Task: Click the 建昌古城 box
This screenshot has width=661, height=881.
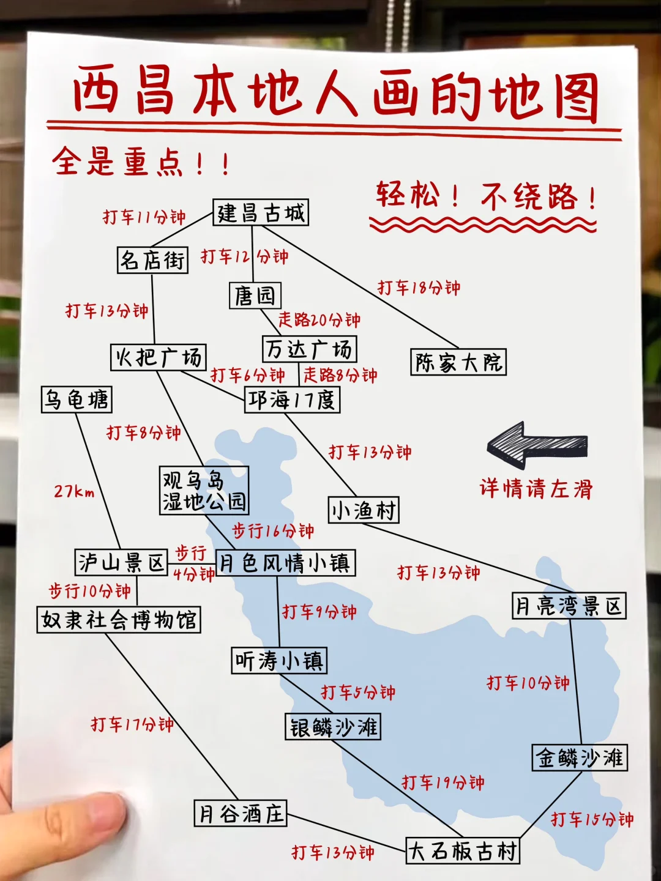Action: coord(260,213)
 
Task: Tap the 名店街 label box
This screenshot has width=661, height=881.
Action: coord(152,260)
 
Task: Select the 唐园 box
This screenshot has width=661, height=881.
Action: coord(255,296)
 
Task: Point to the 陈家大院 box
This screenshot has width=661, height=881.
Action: coord(458,362)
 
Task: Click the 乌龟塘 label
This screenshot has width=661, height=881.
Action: coord(77,400)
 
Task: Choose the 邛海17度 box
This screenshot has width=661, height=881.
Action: coord(292,400)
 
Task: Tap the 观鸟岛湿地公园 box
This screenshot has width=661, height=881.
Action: coord(204,491)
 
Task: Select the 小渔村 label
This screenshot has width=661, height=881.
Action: coord(364,510)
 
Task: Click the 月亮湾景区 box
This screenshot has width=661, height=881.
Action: coord(569,606)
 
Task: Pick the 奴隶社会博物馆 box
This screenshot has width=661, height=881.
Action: coord(119,620)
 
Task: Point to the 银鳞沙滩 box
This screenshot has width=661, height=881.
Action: coord(333,727)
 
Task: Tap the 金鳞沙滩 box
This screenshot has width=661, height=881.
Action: coord(580,757)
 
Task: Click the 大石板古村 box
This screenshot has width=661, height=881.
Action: coord(463,850)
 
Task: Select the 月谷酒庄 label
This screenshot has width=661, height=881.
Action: coord(241,813)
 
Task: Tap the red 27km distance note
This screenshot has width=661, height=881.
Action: coord(74,491)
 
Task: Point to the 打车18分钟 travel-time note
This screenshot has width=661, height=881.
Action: coord(419,288)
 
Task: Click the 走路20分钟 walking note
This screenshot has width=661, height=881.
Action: coord(319,319)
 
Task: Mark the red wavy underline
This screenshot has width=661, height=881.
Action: coord(482,226)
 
